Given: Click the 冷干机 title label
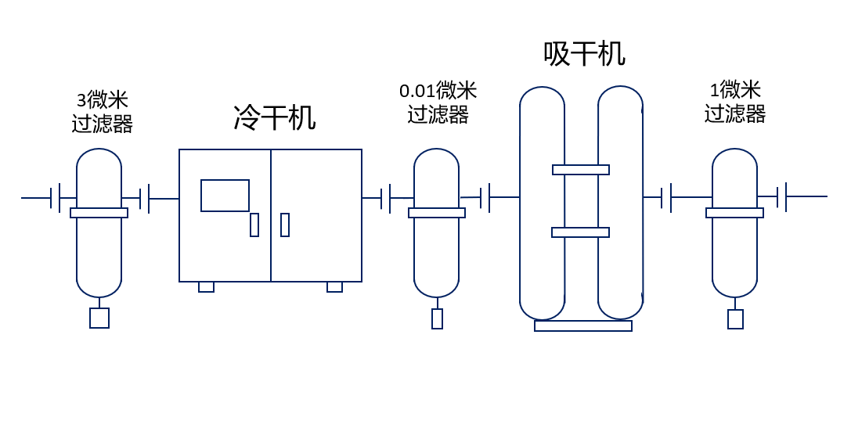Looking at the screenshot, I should pos(274,118).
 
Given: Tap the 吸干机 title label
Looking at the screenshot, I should pos(584,54).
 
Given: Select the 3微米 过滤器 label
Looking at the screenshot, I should pos(102,112).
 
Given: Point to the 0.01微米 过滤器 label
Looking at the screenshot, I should pos(438,103).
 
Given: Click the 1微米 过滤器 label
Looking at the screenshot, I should pos(734,102).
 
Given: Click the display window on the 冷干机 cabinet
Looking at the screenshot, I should pos(225,196).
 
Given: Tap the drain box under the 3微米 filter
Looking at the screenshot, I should pos(99,318).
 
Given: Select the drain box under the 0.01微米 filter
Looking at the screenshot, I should pos(437,318).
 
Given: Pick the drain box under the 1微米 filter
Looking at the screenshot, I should pos(735,319).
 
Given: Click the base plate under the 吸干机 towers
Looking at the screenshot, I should pos(583,326).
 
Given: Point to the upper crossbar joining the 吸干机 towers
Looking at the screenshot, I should pos(581,170).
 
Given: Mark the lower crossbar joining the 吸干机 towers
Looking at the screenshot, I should pos(580,232).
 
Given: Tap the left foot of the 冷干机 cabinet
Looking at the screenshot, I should pos(206,287).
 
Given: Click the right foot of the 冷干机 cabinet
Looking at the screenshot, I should pos(334,287).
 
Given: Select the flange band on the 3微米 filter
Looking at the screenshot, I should pos(99,213).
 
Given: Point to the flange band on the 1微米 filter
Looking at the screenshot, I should pos(734,213).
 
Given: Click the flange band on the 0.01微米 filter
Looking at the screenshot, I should pos(437,213).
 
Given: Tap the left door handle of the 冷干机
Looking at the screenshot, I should pos(254,225).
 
